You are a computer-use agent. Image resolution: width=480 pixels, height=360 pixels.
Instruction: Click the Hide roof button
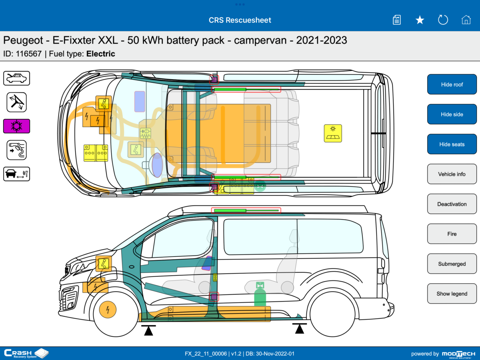tap(452, 84)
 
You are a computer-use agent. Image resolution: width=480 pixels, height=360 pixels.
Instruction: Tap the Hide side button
tap(452, 114)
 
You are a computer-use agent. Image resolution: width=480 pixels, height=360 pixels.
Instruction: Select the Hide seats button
tap(452, 144)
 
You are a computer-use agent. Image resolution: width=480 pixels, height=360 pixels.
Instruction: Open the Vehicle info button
tap(452, 174)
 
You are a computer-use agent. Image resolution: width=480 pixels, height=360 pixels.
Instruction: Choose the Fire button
tap(452, 234)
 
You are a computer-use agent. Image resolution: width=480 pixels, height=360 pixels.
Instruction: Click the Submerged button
tap(452, 264)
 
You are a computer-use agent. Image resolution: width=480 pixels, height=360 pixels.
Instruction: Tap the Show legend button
tap(452, 294)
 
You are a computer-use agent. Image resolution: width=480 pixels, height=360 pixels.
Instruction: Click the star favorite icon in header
tap(420, 20)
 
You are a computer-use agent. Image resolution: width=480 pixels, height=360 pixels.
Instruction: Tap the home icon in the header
tap(466, 20)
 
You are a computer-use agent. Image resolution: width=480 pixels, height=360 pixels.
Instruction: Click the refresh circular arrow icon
tap(443, 20)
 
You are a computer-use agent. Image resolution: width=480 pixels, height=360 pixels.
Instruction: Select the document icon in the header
tap(397, 20)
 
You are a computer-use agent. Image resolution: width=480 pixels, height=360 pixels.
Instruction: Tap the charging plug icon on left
tap(16, 150)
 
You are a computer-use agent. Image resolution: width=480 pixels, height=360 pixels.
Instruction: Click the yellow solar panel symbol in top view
tap(333, 133)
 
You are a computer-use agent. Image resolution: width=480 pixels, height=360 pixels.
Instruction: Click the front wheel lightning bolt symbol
tap(107, 309)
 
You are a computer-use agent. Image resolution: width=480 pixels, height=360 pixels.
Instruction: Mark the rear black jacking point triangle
tap(299, 328)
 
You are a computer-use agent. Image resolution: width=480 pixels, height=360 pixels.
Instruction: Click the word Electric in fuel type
tap(101, 54)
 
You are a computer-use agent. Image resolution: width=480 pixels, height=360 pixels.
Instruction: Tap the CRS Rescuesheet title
tap(240, 20)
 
